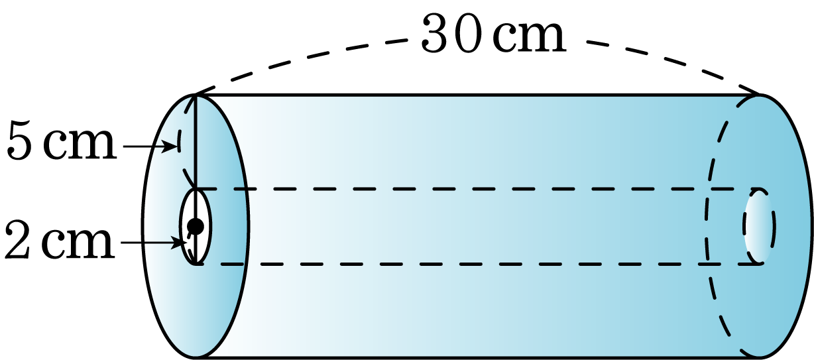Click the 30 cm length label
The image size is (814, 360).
tap(493, 33)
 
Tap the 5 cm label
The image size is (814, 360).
tap(61, 141)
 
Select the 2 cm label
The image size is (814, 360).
tap(60, 239)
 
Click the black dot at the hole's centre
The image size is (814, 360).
tap(196, 227)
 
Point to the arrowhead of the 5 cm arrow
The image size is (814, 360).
tap(170, 146)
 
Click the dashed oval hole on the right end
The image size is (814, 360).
tap(759, 226)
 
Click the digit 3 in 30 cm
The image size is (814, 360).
tap(435, 33)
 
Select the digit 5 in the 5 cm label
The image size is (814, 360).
tap(19, 141)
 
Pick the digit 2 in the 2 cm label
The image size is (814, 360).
tap(17, 239)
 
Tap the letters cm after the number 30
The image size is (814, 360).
tap(529, 38)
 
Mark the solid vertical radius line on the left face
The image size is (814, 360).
tap(196, 179)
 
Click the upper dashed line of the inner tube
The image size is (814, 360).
tap(476, 189)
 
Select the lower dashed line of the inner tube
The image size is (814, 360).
tap(476, 265)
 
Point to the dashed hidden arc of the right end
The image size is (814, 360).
tap(708, 225)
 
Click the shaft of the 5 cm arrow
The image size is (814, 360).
tap(145, 147)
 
